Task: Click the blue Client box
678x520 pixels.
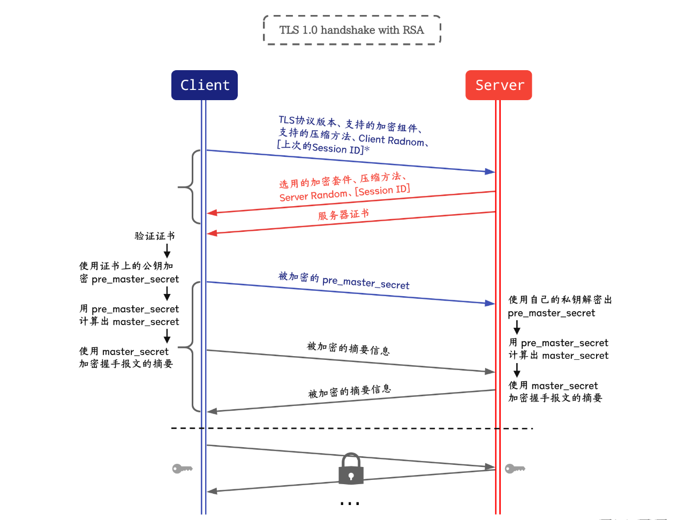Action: pyautogui.click(x=204, y=85)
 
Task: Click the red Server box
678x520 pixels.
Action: pyautogui.click(x=499, y=85)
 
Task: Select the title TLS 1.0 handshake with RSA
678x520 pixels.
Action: pyautogui.click(x=351, y=30)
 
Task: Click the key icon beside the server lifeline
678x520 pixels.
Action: pyautogui.click(x=515, y=469)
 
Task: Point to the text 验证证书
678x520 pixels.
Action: pyautogui.click(x=154, y=236)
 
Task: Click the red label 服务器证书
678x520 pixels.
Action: pyautogui.click(x=343, y=215)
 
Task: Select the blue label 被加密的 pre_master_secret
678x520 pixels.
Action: pyautogui.click(x=344, y=280)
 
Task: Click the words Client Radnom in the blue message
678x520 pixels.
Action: pyautogui.click(x=391, y=140)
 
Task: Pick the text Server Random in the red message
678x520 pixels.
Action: pyautogui.click(x=313, y=195)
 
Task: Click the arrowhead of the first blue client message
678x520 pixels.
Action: pyautogui.click(x=489, y=171)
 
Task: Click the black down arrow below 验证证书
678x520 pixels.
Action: pyautogui.click(x=167, y=251)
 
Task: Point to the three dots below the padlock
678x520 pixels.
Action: pyautogui.click(x=350, y=503)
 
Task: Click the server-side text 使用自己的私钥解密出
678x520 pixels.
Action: pyautogui.click(x=560, y=299)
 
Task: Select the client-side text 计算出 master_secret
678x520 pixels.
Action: pyautogui.click(x=129, y=321)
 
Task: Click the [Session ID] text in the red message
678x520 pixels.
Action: pyautogui.click(x=383, y=190)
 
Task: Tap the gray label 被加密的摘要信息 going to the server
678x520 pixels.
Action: pyautogui.click(x=348, y=349)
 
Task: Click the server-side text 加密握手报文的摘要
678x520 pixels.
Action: pyautogui.click(x=555, y=398)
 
